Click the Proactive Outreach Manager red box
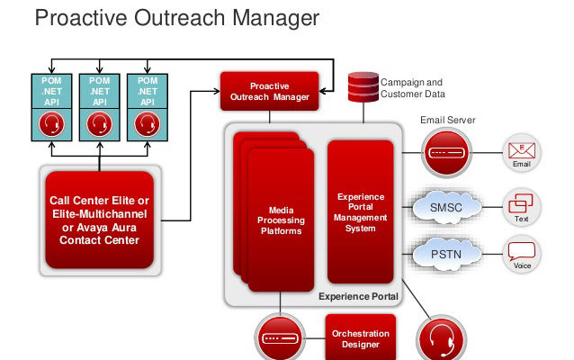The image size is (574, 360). (x=269, y=91)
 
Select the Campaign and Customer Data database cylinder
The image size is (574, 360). (x=363, y=87)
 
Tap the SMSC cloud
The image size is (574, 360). (x=446, y=207)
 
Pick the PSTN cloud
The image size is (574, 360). (x=446, y=254)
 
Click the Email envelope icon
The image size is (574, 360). (x=522, y=150)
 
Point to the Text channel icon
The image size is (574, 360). (x=521, y=203)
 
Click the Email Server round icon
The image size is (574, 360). (x=446, y=153)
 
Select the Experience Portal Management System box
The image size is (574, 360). (x=361, y=212)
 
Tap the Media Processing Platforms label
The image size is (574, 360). (x=281, y=220)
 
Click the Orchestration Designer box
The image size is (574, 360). (x=361, y=337)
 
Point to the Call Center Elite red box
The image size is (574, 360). (x=100, y=220)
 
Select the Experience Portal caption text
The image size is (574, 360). (x=358, y=296)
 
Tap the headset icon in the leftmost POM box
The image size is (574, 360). (x=51, y=124)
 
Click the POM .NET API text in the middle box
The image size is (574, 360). (x=100, y=91)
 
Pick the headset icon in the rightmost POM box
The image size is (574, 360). (x=148, y=124)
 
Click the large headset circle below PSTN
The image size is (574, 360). (x=442, y=339)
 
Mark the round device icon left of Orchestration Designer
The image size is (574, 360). (x=280, y=338)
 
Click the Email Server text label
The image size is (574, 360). (x=448, y=120)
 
